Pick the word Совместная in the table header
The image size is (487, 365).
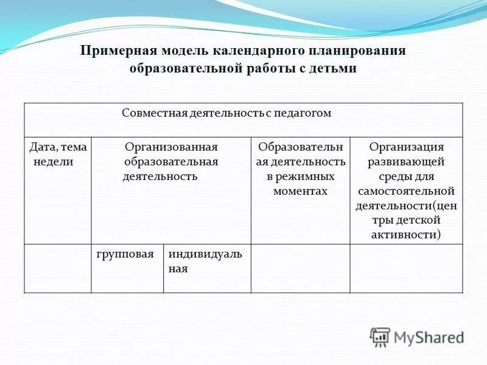point(149,113)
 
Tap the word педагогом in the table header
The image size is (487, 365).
point(301,113)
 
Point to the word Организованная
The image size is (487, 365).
point(171,147)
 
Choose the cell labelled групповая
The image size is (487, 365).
point(127,254)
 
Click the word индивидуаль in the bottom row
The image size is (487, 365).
point(205,254)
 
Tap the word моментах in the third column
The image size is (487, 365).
point(300,191)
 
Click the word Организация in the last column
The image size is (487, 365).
point(407,147)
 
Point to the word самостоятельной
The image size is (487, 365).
point(407,191)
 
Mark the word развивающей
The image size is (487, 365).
point(407,162)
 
